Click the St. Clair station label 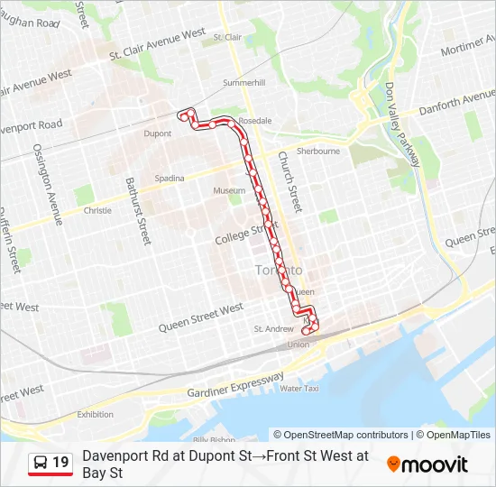(227, 37)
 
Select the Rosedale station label (255, 120)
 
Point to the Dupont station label (158, 133)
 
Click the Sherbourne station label (318, 151)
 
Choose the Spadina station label (170, 178)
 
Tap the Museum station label (229, 191)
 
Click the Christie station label (97, 210)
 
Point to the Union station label (298, 345)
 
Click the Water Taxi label (299, 388)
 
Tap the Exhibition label (95, 415)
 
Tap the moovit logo (427, 464)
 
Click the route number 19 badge (51, 463)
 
